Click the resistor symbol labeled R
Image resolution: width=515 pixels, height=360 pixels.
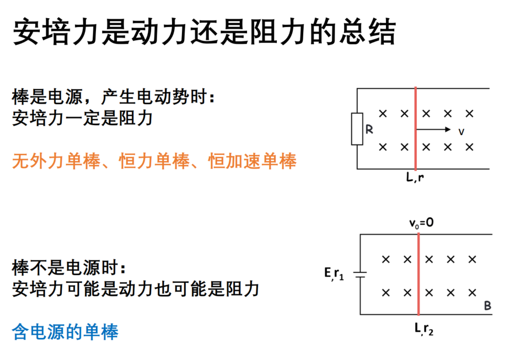click(357, 129)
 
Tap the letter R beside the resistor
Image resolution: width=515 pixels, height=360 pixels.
click(369, 130)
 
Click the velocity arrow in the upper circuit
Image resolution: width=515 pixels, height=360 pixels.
click(433, 129)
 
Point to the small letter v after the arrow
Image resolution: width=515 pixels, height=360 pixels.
click(462, 132)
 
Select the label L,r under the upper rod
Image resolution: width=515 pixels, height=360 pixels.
click(415, 178)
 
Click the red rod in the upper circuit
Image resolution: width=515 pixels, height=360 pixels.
click(416, 129)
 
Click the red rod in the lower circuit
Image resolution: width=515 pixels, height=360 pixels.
click(419, 274)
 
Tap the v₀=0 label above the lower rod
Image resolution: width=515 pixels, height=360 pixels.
click(421, 223)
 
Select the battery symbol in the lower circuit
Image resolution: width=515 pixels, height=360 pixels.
click(360, 274)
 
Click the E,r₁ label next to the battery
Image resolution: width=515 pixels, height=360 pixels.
click(334, 273)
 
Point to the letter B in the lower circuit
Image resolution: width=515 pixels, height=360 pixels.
click(487, 306)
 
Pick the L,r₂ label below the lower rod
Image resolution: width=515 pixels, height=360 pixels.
click(423, 329)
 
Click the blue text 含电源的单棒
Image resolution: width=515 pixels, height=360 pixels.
click(65, 331)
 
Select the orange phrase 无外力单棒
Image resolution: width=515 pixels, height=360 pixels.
click(56, 161)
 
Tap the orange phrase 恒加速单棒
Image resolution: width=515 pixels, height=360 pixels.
click(252, 161)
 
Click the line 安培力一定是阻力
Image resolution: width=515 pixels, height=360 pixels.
click(83, 118)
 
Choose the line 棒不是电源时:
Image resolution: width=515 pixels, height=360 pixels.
click(68, 267)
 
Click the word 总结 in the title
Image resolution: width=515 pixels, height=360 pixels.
click(367, 31)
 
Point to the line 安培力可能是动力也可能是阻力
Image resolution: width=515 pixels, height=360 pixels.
click(136, 289)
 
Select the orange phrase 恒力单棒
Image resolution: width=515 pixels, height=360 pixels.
click(154, 161)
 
